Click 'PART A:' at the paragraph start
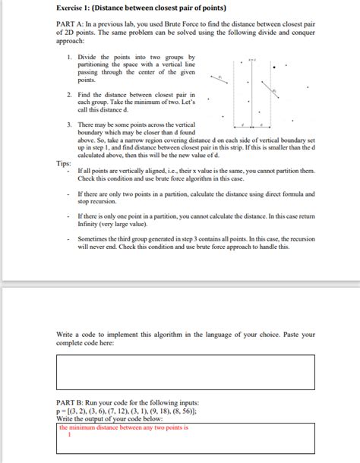coord(70,26)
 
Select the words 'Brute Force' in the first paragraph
coord(215,26)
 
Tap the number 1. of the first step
coord(69,57)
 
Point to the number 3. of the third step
coord(69,124)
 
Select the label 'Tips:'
coord(65,163)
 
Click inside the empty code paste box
coord(185,372)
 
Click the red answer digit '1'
coord(69,435)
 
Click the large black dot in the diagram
coord(275,67)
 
